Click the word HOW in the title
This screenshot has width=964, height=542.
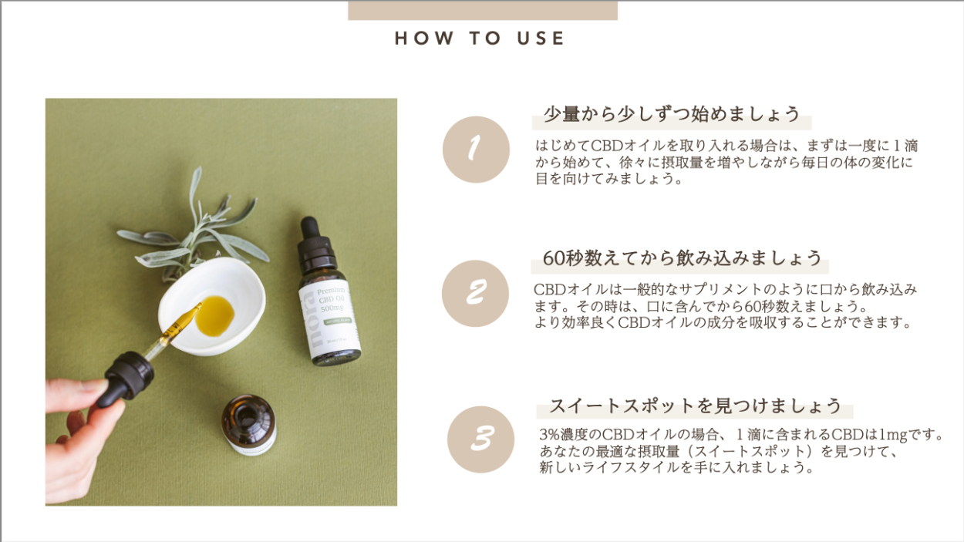[424, 39]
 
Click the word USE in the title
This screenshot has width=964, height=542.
[541, 39]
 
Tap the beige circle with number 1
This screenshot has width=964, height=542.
[476, 150]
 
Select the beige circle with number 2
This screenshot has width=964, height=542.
[475, 294]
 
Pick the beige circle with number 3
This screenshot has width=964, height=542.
[480, 439]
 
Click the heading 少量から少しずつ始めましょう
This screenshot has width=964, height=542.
[672, 114]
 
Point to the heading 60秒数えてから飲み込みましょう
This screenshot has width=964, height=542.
[683, 258]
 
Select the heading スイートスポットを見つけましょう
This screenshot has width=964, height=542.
[696, 406]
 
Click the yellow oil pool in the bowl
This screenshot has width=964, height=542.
[214, 316]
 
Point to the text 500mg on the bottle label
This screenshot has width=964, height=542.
[332, 308]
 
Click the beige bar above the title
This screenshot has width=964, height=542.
[483, 10]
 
